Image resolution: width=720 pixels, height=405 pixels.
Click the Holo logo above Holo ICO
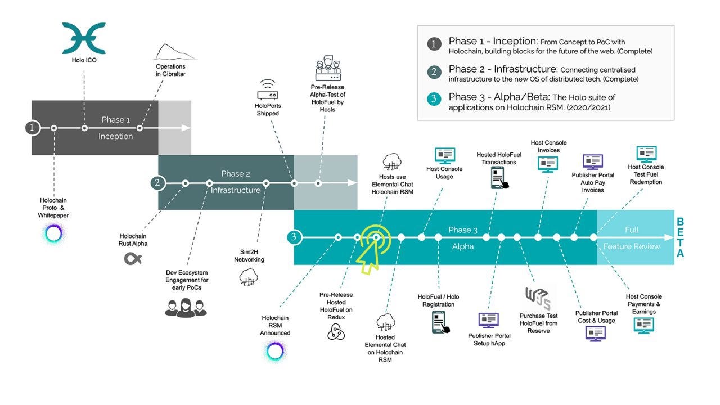[x=84, y=38]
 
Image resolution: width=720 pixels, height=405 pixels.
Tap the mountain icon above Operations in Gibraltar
[x=174, y=51]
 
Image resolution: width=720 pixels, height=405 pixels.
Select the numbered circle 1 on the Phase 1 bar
[x=32, y=128]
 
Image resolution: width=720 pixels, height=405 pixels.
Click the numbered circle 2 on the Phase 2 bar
[x=158, y=182]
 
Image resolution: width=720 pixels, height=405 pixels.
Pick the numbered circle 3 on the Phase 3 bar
[x=293, y=237]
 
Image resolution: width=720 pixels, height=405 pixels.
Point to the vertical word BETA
[x=680, y=237]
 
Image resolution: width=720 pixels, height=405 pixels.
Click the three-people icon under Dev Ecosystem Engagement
[x=186, y=307]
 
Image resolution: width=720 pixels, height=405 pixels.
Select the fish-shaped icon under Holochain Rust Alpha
[x=133, y=259]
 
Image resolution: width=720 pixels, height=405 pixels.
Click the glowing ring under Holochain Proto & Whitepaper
[x=54, y=233]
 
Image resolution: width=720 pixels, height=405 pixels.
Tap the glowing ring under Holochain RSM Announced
[x=275, y=351]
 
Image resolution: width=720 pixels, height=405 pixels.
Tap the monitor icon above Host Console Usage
[x=444, y=156]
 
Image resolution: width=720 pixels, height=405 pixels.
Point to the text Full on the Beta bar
[x=632, y=229]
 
